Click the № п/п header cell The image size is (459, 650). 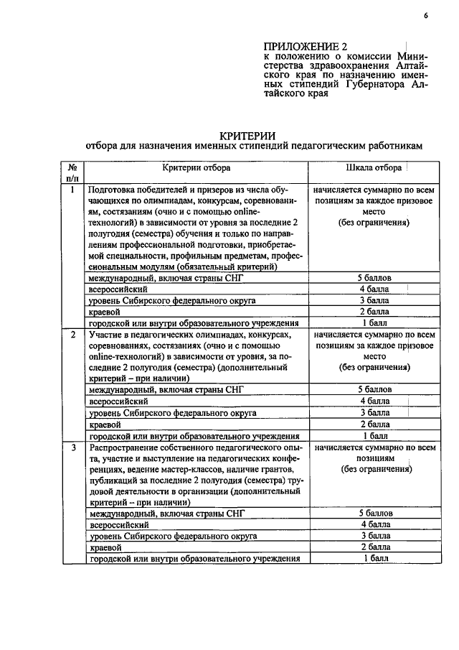point(72,173)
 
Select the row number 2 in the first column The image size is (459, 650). point(72,335)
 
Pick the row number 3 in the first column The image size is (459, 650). point(72,448)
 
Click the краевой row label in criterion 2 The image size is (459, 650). point(103,424)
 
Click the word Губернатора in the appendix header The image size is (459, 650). point(372,83)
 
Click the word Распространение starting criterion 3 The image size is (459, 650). point(126,447)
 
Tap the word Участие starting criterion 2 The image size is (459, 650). point(106,335)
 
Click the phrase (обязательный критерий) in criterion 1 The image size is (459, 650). point(229,266)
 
